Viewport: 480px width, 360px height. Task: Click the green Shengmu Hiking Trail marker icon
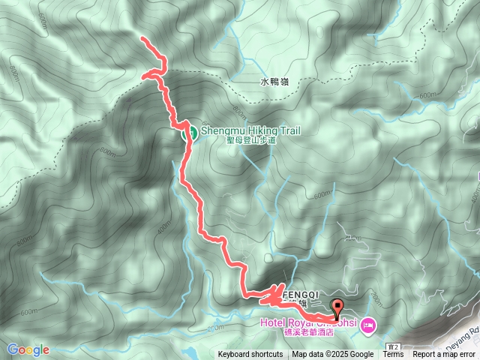click(x=190, y=133)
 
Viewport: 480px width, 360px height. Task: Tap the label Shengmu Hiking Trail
click(x=251, y=130)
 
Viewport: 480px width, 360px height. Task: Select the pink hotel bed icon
click(x=367, y=325)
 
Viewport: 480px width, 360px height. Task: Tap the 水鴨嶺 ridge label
click(x=274, y=82)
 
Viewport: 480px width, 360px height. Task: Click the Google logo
click(x=28, y=349)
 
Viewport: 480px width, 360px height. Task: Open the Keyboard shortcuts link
click(x=250, y=355)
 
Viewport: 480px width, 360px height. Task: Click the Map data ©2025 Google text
click(x=333, y=355)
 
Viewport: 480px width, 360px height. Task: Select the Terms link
click(x=393, y=355)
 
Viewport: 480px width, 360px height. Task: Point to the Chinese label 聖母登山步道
click(x=251, y=140)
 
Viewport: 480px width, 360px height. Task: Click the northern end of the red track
click(x=143, y=37)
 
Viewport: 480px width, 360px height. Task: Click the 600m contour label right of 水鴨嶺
click(x=427, y=95)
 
